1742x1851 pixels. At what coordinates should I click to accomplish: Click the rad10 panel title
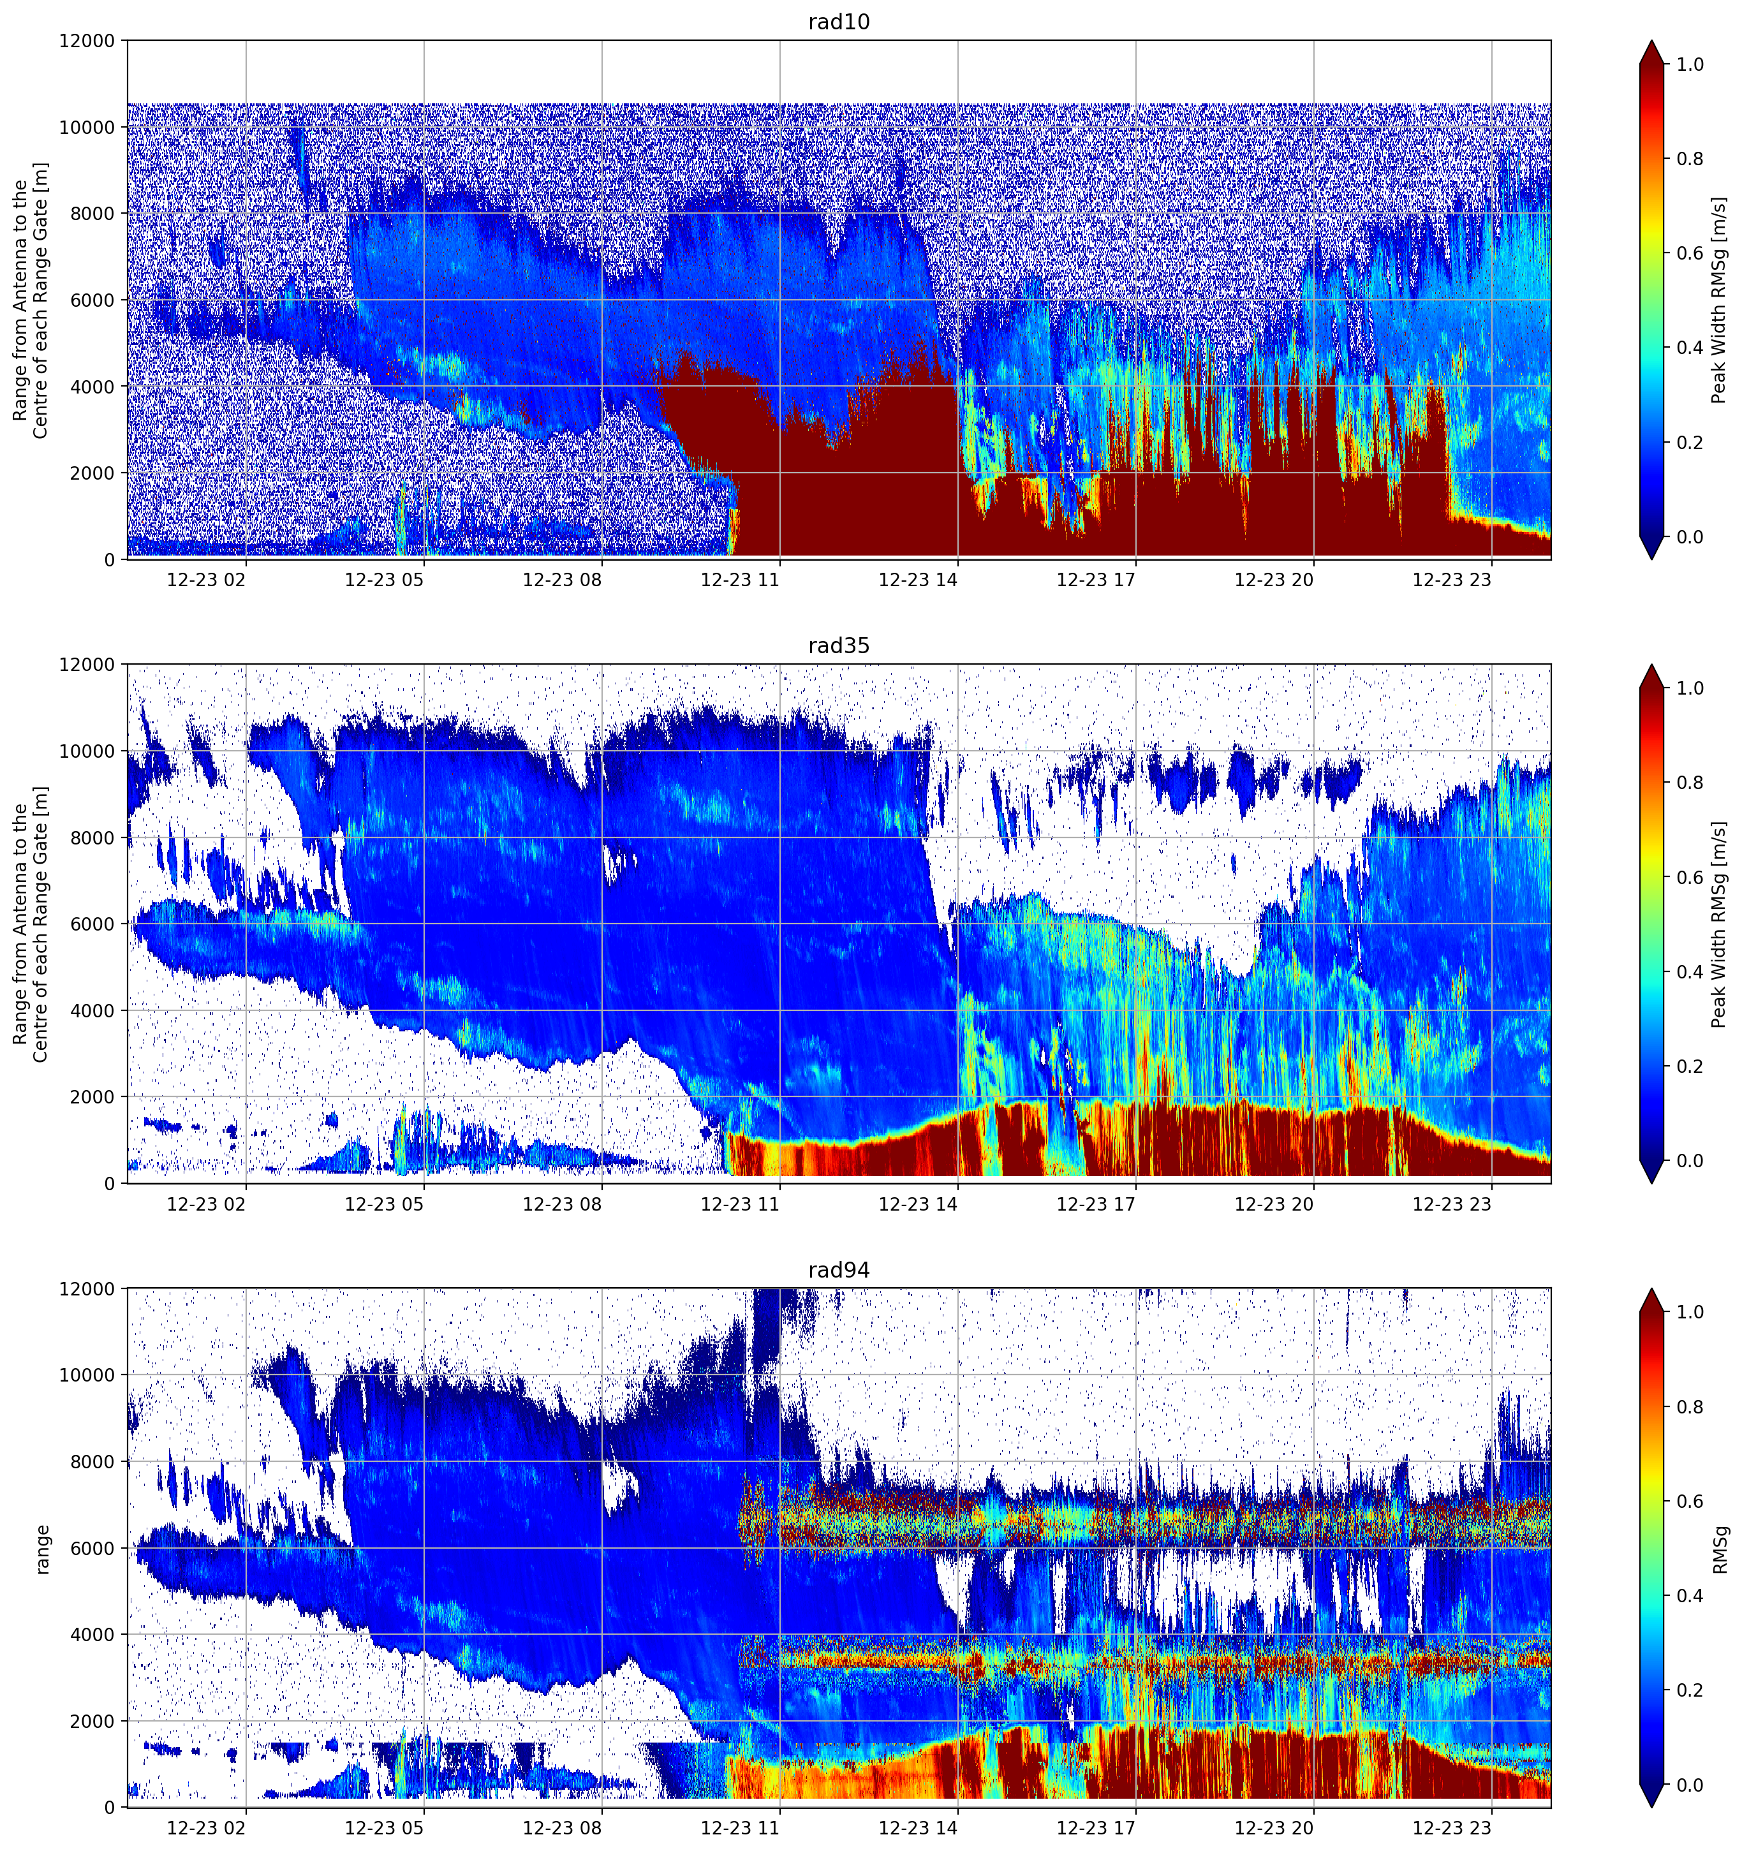(x=838, y=22)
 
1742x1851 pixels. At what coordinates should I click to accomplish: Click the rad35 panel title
(x=838, y=646)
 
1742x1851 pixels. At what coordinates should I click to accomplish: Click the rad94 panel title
(x=838, y=1271)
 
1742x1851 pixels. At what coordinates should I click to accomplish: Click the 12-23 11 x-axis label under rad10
(x=739, y=580)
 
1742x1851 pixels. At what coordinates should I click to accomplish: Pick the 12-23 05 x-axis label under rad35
(x=383, y=1204)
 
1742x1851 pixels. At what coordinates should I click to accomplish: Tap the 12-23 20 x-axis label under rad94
(x=1274, y=1829)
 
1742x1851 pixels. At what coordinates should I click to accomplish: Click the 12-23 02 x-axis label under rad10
(x=206, y=580)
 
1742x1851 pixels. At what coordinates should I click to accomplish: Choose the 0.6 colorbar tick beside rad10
(x=1690, y=253)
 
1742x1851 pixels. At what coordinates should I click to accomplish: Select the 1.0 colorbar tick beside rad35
(x=1690, y=688)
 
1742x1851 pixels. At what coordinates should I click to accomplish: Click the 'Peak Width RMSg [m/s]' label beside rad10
(x=1720, y=300)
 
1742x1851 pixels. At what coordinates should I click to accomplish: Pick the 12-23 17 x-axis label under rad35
(x=1096, y=1204)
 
